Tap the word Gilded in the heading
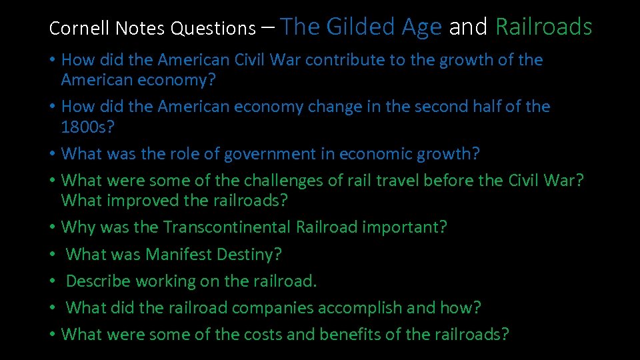[365, 27]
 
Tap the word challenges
[289, 181]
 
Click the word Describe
[98, 281]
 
